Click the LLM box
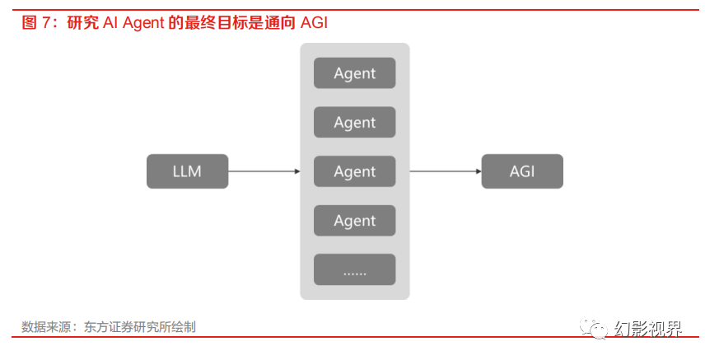tap(187, 171)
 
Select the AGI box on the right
tap(522, 171)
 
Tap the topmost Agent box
tap(354, 73)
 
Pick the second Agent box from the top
tap(354, 123)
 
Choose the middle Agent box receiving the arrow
tap(354, 171)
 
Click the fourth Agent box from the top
tap(354, 221)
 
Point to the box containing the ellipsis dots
tap(354, 270)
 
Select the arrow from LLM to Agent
tap(264, 171)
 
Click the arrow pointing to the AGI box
tap(445, 171)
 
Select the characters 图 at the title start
tap(29, 23)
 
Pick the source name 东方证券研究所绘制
tap(139, 327)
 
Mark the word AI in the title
tap(111, 23)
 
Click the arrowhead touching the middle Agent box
tap(296, 171)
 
